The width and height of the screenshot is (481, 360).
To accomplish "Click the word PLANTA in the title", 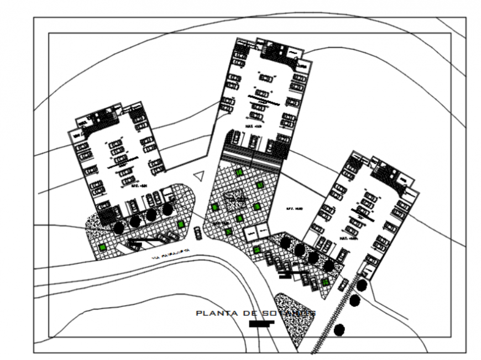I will [217, 314].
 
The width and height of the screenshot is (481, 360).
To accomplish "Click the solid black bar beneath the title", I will [262, 324].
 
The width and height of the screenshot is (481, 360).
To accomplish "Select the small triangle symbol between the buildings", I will [200, 175].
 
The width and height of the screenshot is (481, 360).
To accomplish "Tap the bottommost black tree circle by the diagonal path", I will [339, 330].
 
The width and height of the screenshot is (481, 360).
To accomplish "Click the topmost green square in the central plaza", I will [239, 173].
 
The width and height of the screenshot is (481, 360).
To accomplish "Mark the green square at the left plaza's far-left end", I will [103, 247].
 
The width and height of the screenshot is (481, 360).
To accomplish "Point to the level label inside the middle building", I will [253, 126].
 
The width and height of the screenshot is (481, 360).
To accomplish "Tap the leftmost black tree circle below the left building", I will [118, 227].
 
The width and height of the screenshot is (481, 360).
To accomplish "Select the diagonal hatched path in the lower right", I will [332, 321].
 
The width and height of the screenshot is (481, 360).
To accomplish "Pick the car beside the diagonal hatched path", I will [343, 284].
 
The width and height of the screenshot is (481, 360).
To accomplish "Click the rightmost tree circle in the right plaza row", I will [329, 266].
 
